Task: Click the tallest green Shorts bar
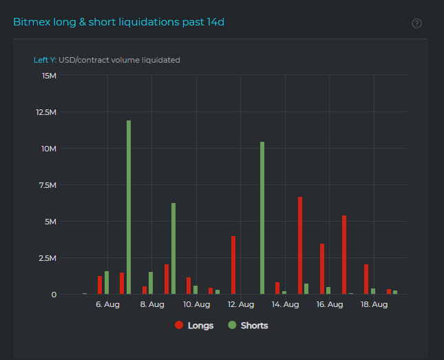tap(129, 207)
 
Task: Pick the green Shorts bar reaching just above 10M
tap(262, 218)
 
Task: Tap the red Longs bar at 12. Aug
tap(233, 265)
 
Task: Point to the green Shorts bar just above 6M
tap(173, 248)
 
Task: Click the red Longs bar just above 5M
tap(344, 255)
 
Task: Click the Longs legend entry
tap(194, 326)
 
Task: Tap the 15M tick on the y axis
tap(49, 76)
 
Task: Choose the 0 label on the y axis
tap(54, 295)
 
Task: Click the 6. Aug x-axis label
tap(107, 304)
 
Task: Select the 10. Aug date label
tap(196, 304)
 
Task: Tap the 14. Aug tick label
tap(285, 304)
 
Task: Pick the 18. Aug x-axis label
tap(374, 304)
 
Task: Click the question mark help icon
tap(416, 23)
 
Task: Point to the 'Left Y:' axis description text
tap(45, 60)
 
